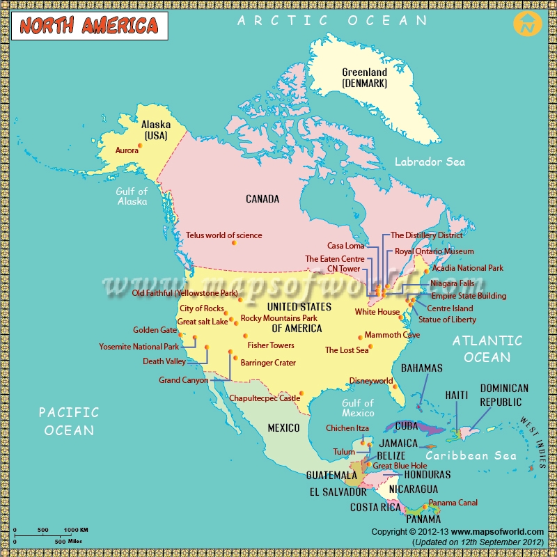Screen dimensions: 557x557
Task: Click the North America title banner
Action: [x=88, y=26]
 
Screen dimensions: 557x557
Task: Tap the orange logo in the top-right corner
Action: [x=528, y=24]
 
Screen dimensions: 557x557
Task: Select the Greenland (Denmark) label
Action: [x=364, y=77]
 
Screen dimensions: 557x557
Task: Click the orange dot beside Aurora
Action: [x=140, y=145]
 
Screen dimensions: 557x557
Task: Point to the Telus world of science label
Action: [x=223, y=235]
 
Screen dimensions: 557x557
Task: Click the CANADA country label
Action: [x=262, y=199]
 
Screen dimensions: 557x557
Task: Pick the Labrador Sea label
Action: [x=430, y=162]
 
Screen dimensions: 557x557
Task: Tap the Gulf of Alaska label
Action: [x=132, y=196]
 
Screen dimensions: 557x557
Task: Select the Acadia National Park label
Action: [x=467, y=268]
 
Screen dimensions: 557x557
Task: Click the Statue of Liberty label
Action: [x=447, y=320]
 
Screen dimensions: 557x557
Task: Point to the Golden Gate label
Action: [x=155, y=330]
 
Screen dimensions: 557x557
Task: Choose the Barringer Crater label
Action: [x=268, y=363]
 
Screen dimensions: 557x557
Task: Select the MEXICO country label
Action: [x=283, y=427]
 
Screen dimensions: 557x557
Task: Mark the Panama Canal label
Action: [x=453, y=503]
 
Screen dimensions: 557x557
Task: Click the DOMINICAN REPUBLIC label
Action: [x=504, y=395]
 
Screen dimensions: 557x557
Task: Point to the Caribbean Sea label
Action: [x=471, y=455]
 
